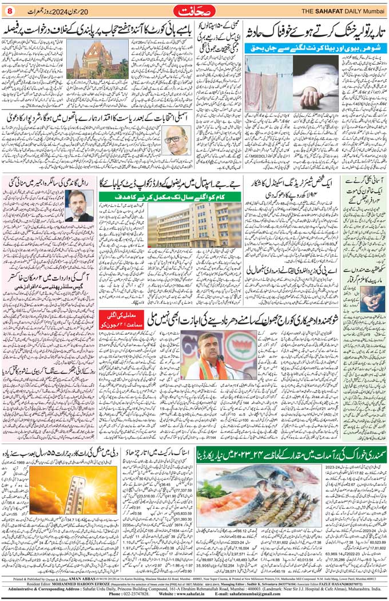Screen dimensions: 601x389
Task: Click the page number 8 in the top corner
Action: pyautogui.click(x=9, y=10)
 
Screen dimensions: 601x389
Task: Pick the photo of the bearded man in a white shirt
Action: pyautogui.click(x=79, y=205)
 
